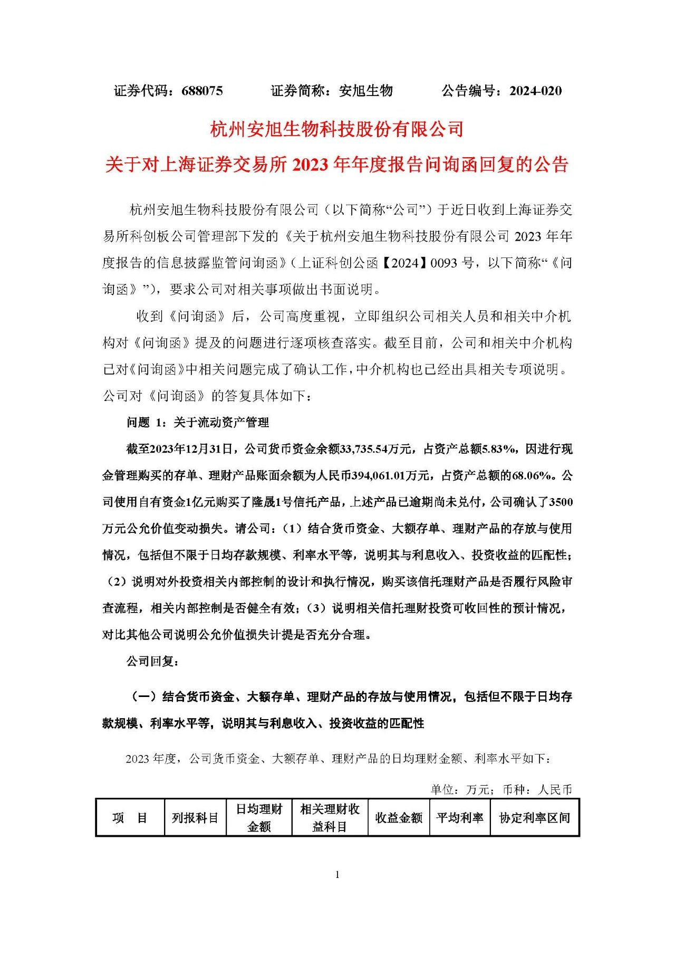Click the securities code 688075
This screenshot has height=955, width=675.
click(x=202, y=91)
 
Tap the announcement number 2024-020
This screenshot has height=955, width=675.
click(x=535, y=91)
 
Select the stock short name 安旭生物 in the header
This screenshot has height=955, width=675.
click(x=366, y=91)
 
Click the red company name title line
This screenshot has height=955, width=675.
click(x=337, y=129)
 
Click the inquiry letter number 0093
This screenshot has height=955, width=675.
click(x=444, y=263)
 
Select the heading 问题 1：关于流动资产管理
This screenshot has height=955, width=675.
click(x=198, y=422)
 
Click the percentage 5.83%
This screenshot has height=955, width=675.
click(x=500, y=449)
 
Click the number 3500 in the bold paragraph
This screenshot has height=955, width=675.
click(x=561, y=502)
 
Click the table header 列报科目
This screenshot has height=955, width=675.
click(x=195, y=818)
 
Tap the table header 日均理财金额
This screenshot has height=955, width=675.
click(x=259, y=818)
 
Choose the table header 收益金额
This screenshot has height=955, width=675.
click(x=399, y=818)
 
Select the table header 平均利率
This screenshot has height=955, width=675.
click(x=460, y=818)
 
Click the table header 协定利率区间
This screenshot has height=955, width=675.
click(x=535, y=818)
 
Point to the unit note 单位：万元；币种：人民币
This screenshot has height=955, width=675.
click(x=501, y=789)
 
